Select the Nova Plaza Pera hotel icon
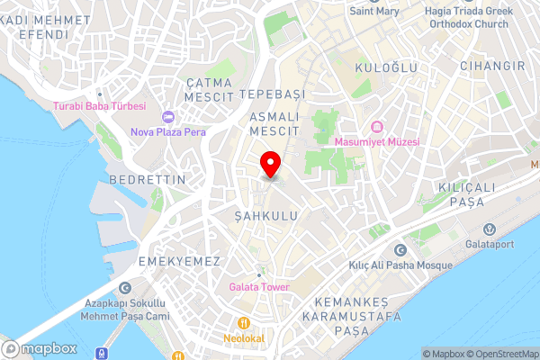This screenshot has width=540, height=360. coord(168,117)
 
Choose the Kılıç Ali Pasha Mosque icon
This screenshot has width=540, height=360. coord(400,249)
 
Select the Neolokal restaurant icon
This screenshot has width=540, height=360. coord(242,323)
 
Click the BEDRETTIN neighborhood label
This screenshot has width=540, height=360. coord(147,180)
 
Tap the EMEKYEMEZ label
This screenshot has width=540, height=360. coord(180,260)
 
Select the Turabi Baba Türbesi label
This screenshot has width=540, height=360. coord(100,106)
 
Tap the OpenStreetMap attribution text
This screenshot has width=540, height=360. coord(500,354)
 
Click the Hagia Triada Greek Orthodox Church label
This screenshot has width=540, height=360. coord(473,17)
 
